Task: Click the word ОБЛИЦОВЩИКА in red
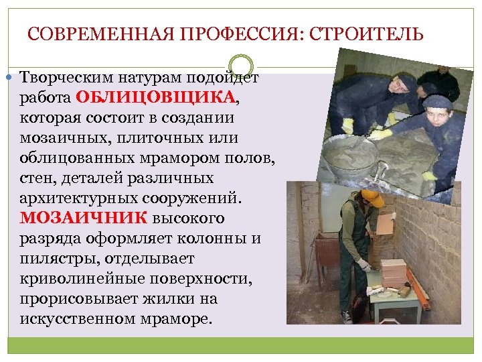[155, 97]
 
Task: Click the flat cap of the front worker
[438, 101]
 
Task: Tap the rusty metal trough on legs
[328, 251]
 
